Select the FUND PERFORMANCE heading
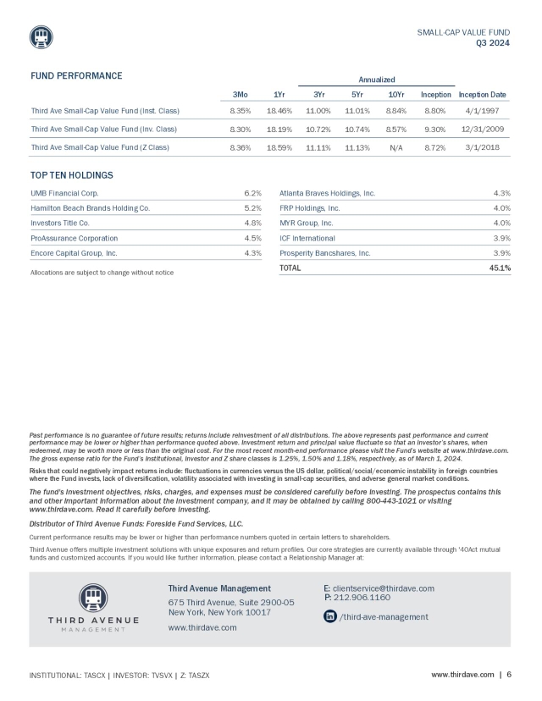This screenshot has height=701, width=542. [76, 76]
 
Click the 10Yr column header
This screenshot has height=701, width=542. [395, 94]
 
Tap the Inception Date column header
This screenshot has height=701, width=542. [486, 94]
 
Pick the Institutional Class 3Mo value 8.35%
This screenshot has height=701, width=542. [243, 111]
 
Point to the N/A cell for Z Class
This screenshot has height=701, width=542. [395, 147]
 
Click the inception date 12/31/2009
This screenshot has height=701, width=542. [486, 129]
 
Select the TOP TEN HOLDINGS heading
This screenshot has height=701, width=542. [71, 175]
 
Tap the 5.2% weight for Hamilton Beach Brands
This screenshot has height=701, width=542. [252, 207]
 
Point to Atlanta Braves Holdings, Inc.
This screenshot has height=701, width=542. [327, 193]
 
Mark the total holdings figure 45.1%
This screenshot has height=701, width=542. [500, 268]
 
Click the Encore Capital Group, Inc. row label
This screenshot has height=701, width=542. [74, 252]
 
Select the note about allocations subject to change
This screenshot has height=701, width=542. [102, 273]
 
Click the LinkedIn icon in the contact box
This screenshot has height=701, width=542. [330, 616]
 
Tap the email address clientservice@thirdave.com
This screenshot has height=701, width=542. [384, 588]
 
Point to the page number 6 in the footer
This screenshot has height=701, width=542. [509, 675]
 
